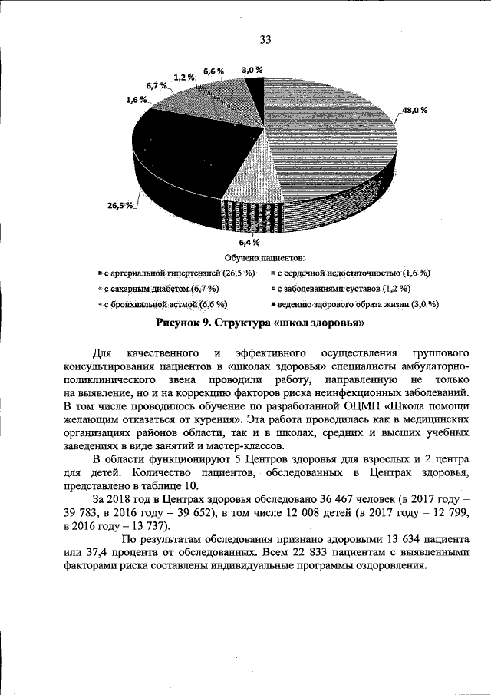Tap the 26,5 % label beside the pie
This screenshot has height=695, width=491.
pos(120,205)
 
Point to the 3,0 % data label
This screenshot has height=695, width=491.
pos(252,70)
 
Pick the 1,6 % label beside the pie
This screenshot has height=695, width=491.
pos(135,100)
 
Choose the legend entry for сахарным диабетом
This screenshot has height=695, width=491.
pos(158,289)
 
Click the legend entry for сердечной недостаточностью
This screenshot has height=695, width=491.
pos(351,273)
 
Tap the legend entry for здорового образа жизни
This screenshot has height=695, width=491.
pos(354,305)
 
